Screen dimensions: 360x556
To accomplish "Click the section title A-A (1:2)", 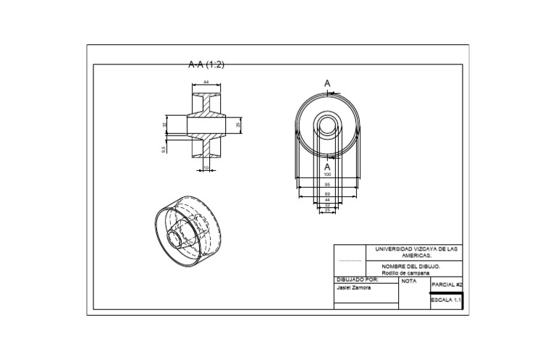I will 206,64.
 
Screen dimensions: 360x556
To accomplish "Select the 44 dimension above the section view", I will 206,83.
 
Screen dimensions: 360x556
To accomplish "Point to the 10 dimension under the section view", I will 206,168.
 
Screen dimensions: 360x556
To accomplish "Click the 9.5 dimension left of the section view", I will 164,149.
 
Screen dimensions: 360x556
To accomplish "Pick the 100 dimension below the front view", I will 327,175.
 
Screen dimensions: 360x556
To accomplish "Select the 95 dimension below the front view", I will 327,185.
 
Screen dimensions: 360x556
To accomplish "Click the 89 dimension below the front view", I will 327,194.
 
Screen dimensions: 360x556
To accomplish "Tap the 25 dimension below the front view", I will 327,210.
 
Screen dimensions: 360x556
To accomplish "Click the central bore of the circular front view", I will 327,125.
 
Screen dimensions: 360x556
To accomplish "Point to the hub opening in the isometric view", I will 175,237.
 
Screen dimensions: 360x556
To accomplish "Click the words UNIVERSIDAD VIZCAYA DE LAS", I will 416,249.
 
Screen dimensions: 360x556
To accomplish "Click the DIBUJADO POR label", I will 358,280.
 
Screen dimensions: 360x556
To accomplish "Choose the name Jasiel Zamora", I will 354,287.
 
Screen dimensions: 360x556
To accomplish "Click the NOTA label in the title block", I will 409,280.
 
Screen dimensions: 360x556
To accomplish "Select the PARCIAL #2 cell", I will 446,285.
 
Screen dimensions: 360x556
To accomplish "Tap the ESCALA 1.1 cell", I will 446,299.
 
